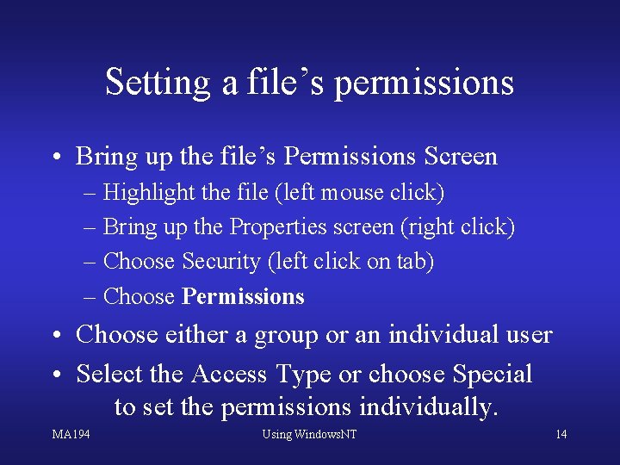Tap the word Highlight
click(149, 193)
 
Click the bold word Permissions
click(244, 296)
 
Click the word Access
click(230, 374)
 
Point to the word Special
click(493, 374)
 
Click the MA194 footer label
click(71, 434)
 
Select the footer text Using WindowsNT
click(309, 434)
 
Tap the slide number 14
click(561, 434)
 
